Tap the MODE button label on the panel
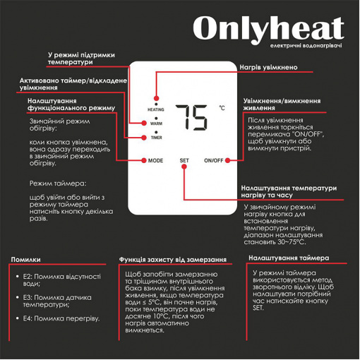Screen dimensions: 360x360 click(155, 160)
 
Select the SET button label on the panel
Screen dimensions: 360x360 click(184, 160)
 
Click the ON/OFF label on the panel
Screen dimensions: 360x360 click(214, 160)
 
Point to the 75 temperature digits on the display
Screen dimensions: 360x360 click(192, 117)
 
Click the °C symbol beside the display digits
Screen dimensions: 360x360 click(222, 108)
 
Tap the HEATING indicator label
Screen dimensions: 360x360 click(156, 109)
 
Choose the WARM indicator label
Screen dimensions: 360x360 click(156, 124)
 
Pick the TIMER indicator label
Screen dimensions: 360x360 click(157, 138)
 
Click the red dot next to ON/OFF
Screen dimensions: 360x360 click(227, 160)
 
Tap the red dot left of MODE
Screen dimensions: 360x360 click(144, 160)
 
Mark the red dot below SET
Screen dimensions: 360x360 click(184, 167)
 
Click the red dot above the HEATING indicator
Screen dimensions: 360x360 click(156, 98)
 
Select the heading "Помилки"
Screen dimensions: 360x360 click(26, 260)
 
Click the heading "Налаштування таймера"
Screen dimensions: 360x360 click(289, 258)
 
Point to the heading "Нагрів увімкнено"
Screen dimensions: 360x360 click(268, 67)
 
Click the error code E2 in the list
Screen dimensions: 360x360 click(27, 277)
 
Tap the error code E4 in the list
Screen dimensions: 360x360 click(27, 318)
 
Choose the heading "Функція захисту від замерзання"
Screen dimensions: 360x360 click(173, 260)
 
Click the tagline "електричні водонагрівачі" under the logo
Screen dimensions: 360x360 click(306, 46)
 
